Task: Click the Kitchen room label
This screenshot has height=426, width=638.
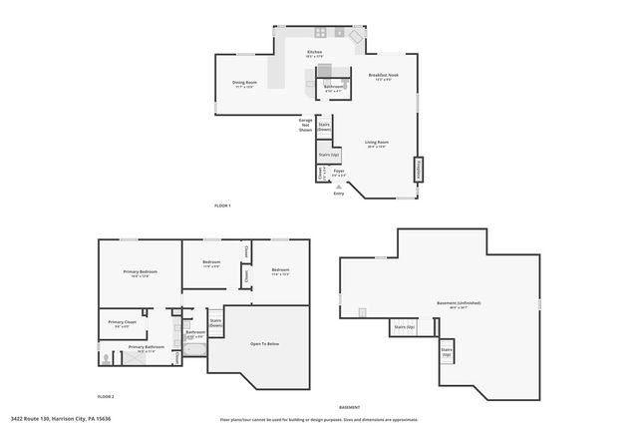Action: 314,53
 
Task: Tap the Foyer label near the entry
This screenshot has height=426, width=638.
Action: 339,173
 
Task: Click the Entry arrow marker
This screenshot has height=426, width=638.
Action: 339,186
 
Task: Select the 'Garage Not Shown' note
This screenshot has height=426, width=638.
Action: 305,125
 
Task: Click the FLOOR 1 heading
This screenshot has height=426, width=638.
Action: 222,206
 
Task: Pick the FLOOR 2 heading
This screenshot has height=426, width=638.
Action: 106,396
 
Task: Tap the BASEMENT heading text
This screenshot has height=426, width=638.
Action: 349,407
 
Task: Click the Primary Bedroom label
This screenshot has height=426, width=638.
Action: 141,273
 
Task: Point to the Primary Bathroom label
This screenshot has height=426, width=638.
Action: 146,349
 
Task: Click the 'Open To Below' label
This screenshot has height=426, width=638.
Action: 264,343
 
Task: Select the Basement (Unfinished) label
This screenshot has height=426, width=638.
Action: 459,304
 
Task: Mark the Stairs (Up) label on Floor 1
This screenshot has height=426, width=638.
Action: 328,156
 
